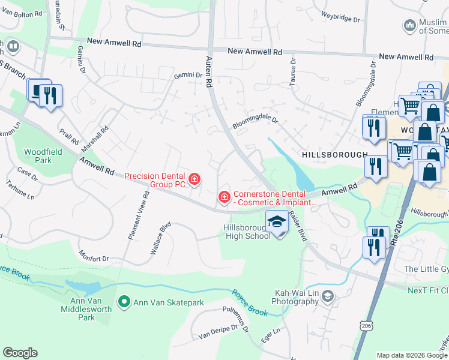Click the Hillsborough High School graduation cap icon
click(276, 222)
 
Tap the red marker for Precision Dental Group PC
click(194, 178)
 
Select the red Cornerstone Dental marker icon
click(224, 196)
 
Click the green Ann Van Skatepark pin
click(124, 301)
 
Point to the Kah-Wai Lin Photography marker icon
click(327, 295)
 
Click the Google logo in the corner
click(20, 353)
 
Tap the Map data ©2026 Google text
click(411, 355)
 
